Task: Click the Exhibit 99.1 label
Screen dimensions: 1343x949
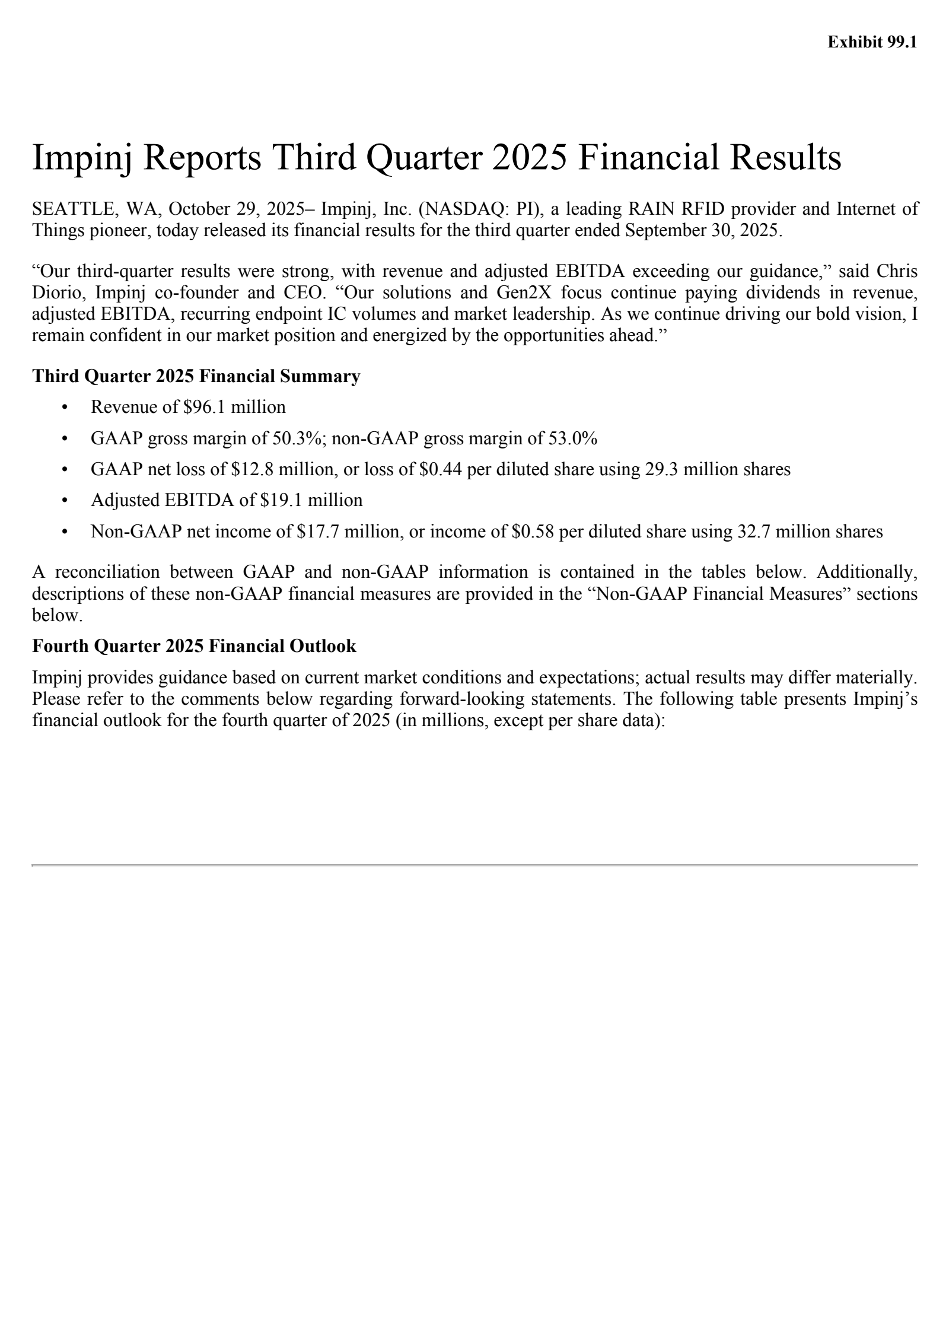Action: click(x=872, y=43)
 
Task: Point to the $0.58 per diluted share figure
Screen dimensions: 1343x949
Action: click(x=533, y=532)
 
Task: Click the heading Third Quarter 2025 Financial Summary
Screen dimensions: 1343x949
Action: click(x=196, y=376)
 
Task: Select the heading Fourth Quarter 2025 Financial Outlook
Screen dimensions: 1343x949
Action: click(x=194, y=645)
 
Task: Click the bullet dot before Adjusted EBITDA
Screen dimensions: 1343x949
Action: click(x=65, y=501)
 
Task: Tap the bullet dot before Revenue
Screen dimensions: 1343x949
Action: click(x=65, y=408)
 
